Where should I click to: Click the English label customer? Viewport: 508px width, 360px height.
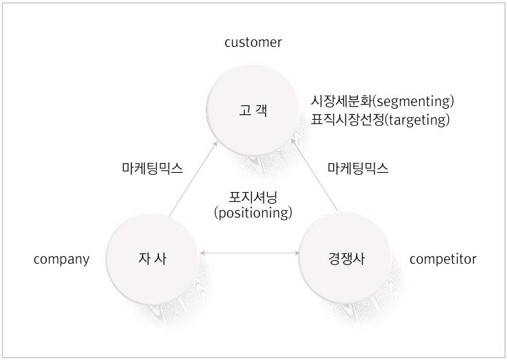click(253, 43)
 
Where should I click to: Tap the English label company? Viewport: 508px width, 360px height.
click(61, 259)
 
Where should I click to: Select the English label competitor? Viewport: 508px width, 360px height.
click(443, 259)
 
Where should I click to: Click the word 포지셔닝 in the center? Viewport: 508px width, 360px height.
click(253, 197)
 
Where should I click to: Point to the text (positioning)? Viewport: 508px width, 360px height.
click(253, 212)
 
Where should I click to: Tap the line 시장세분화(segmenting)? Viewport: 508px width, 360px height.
click(383, 102)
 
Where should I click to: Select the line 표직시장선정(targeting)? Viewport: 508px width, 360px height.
click(380, 119)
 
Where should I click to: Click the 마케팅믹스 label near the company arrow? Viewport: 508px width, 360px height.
click(152, 168)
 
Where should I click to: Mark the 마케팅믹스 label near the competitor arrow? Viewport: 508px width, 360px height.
click(357, 168)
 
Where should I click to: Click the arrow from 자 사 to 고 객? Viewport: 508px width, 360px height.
click(194, 180)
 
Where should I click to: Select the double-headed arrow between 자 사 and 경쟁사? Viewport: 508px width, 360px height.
click(248, 255)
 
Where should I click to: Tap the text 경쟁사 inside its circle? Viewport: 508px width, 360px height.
click(346, 260)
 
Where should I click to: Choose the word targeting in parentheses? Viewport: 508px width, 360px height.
click(418, 119)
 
